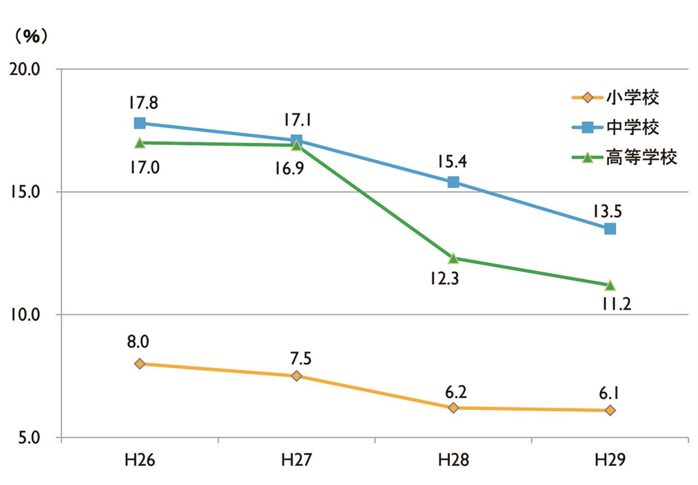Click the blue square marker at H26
(140, 123)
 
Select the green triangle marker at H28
(453, 258)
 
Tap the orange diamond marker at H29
(610, 410)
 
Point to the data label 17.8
(143, 103)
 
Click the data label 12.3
(444, 279)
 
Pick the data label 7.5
(301, 359)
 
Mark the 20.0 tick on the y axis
(25, 69)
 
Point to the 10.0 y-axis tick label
(25, 315)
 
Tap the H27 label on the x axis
(296, 460)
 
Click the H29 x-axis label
(610, 460)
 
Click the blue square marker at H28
(453, 182)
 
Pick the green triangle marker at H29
(610, 285)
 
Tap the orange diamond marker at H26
(140, 363)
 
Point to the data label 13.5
(607, 212)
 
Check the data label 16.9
(289, 168)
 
